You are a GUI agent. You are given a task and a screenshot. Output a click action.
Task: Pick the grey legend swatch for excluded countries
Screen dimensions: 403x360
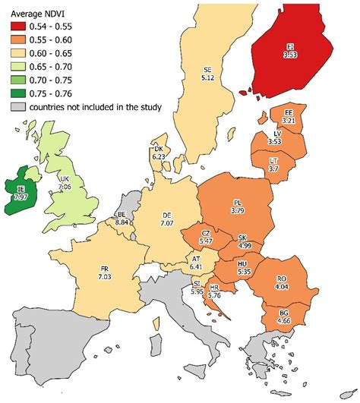18,106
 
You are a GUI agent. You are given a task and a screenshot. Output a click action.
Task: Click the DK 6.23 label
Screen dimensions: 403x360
159,153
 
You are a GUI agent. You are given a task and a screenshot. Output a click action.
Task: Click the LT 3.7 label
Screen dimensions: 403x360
273,165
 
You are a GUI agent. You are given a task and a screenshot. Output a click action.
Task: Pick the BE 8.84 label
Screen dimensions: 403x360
121,219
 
